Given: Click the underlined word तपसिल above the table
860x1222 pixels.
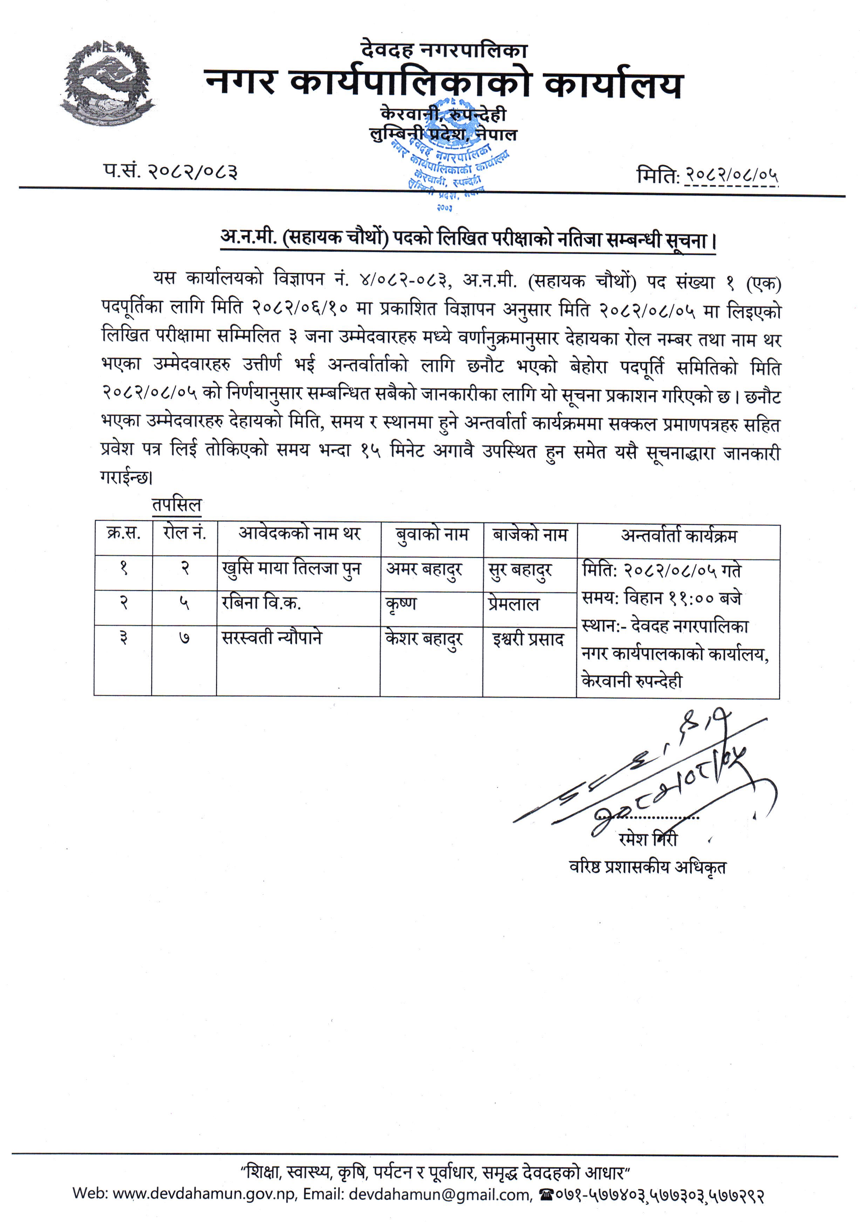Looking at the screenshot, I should coord(177,504).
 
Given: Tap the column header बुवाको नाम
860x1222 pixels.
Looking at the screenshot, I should coord(432,534).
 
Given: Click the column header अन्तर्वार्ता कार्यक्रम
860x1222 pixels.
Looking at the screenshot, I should coord(678,535).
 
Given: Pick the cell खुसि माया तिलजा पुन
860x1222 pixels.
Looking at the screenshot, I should coord(291,569).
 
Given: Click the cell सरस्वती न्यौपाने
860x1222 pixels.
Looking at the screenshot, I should coord(272,638).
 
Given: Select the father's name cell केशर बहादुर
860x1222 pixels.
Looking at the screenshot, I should coord(424,639).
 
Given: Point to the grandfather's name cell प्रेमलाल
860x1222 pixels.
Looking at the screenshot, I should coord(513,604).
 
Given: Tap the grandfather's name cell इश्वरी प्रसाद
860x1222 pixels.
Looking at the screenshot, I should coord(528,639).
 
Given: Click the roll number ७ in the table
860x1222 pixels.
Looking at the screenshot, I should coord(184,638).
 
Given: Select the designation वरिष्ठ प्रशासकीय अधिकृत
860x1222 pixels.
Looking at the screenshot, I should coord(647,867).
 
